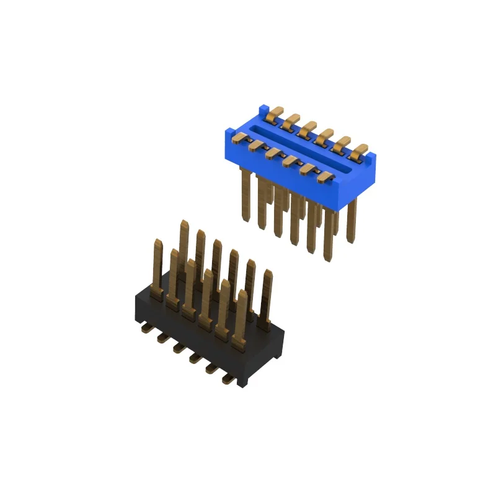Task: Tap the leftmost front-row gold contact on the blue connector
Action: point(239,138)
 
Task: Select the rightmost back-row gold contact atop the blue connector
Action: point(360,149)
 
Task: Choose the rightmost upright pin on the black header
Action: point(267,298)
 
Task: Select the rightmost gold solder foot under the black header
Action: point(230,381)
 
